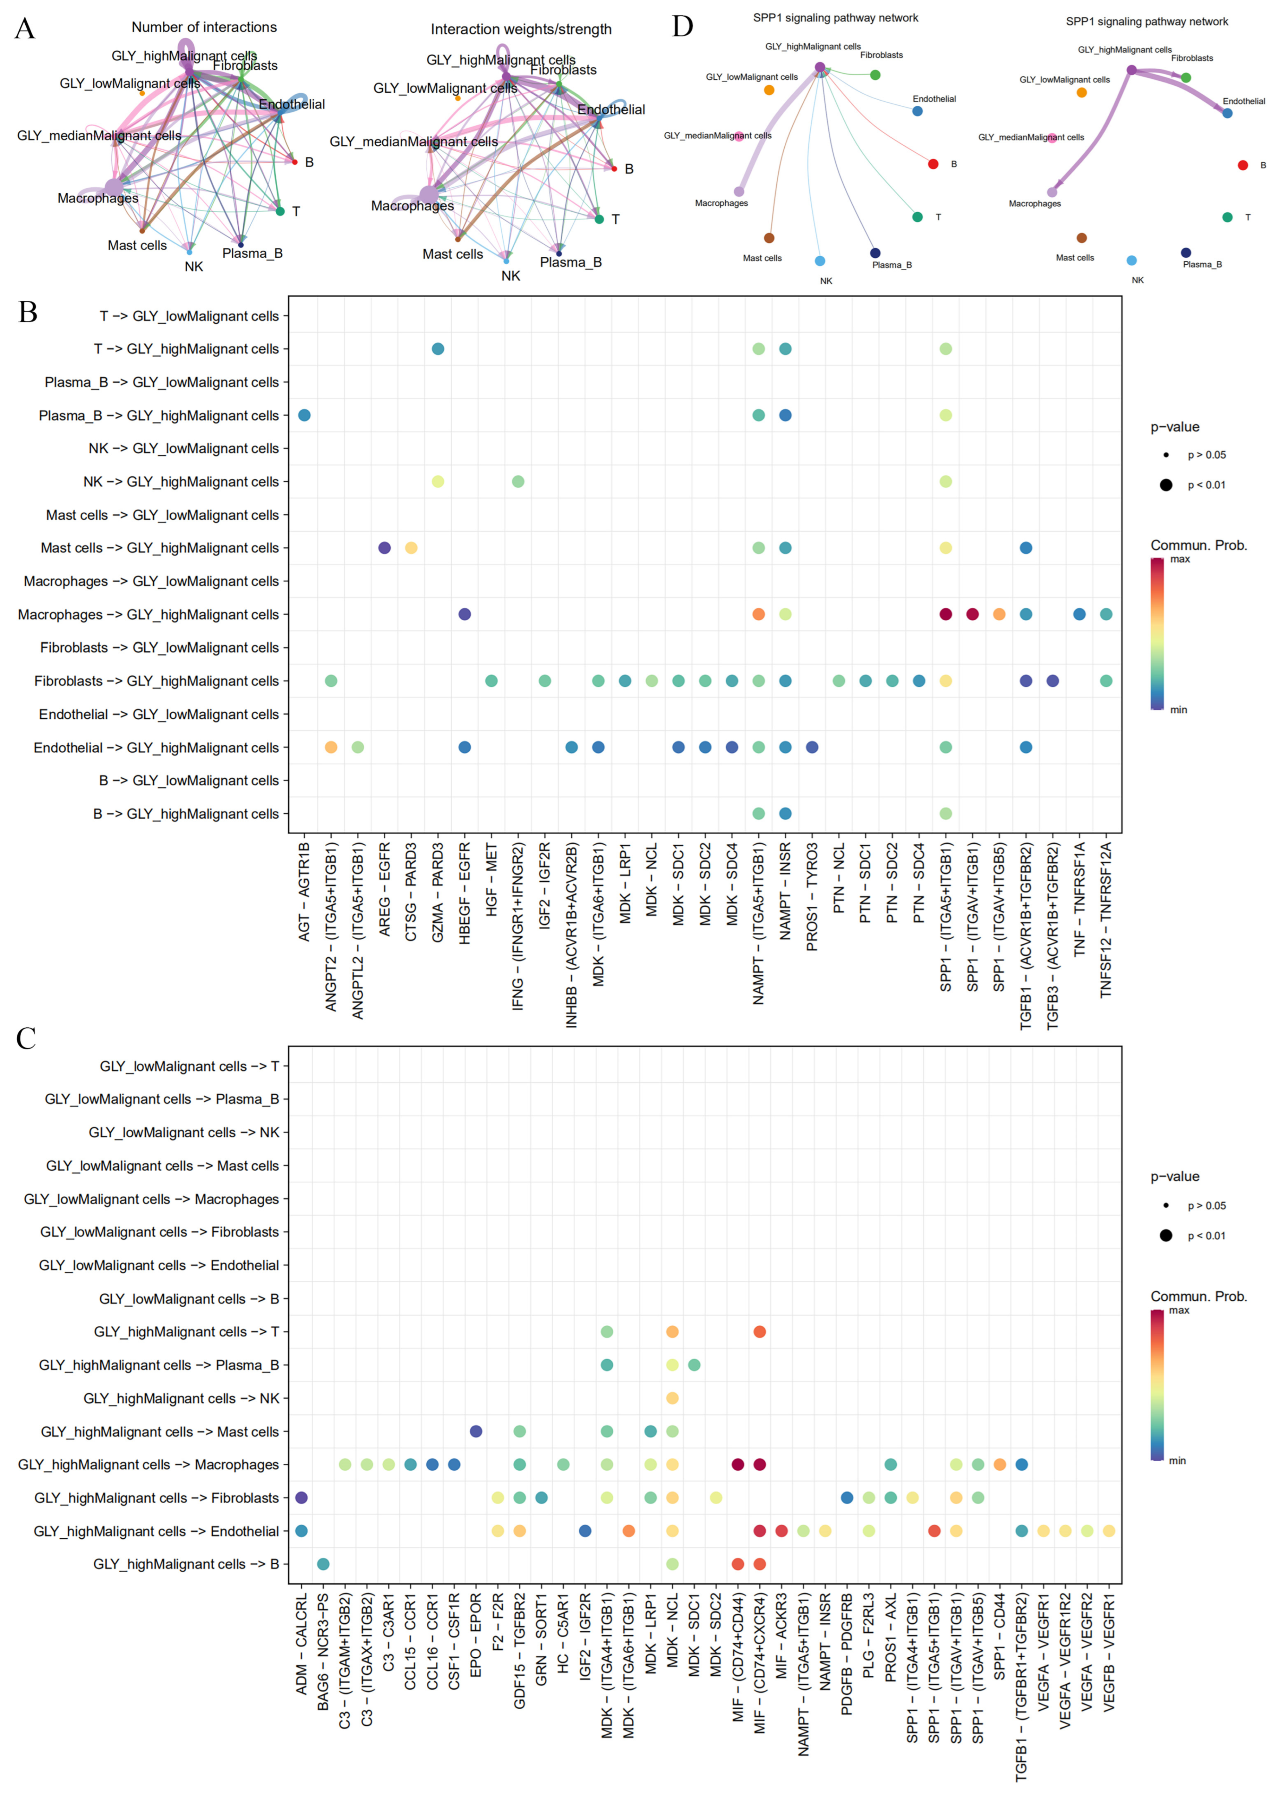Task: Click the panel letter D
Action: [x=682, y=27]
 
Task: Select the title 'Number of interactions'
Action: [x=204, y=27]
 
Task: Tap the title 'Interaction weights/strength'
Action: [x=521, y=30]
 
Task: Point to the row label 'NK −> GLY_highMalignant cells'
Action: [x=181, y=482]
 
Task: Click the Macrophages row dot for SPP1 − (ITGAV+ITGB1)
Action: [x=973, y=614]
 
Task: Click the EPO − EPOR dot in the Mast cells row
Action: [x=476, y=1431]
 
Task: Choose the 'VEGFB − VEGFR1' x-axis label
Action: [x=1109, y=1651]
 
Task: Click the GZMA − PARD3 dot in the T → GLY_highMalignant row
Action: [x=438, y=349]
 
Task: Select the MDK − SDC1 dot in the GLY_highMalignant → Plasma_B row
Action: [x=694, y=1365]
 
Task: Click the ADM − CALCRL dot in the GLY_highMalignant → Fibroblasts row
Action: [x=301, y=1497]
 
